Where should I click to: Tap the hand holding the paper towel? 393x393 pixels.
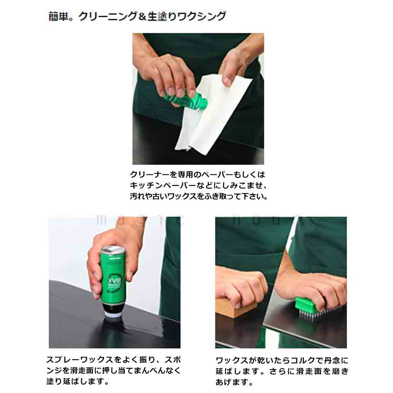(235, 63)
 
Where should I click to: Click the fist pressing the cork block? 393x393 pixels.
(240, 287)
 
